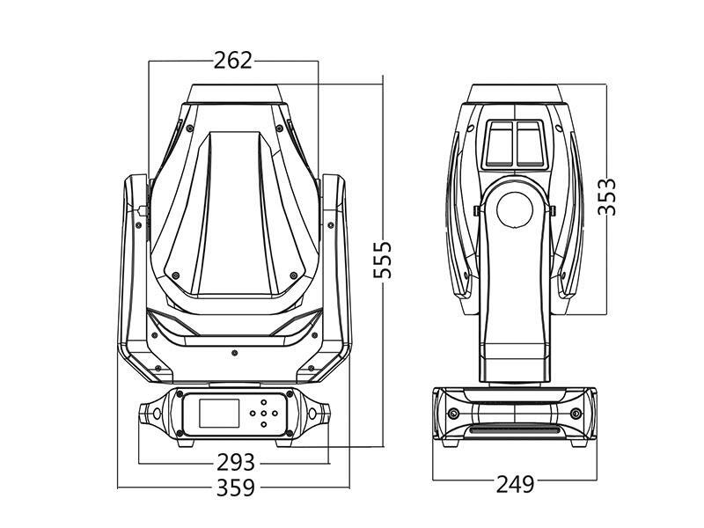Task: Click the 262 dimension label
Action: (x=233, y=60)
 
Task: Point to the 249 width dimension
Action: (x=515, y=483)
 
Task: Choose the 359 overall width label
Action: (x=235, y=488)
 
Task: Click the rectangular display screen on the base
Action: (x=217, y=413)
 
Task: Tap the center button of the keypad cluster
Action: (x=263, y=413)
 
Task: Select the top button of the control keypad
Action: (x=263, y=402)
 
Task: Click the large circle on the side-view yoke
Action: (x=515, y=209)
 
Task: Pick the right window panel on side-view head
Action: (x=530, y=143)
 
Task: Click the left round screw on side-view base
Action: (x=453, y=414)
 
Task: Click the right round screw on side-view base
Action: (x=576, y=414)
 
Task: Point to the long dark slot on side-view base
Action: (x=515, y=430)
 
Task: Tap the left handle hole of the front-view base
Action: (x=157, y=413)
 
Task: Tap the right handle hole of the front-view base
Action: (x=313, y=413)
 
